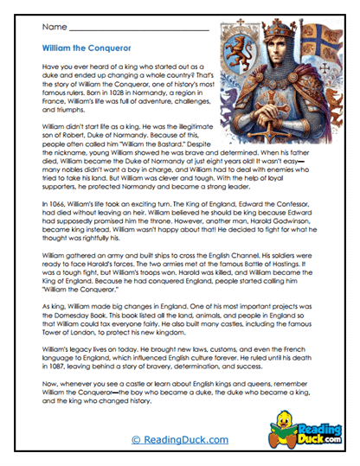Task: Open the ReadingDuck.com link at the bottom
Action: [x=179, y=439]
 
